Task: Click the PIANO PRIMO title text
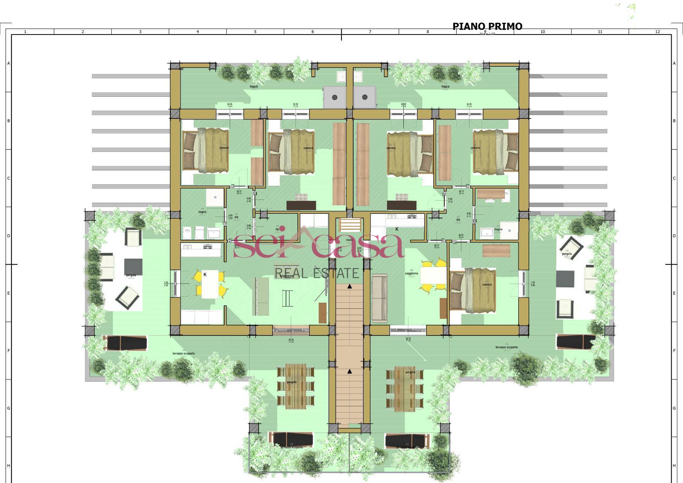click(x=487, y=26)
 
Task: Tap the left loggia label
click(x=254, y=86)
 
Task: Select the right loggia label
click(x=445, y=86)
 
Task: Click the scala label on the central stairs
click(x=349, y=240)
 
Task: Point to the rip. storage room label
click(x=277, y=229)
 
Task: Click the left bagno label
click(x=202, y=212)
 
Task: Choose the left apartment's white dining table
click(x=210, y=286)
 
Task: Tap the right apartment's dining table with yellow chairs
click(x=433, y=275)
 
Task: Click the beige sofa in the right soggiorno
click(x=380, y=298)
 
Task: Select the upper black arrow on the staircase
click(x=350, y=286)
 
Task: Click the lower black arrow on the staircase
click(x=350, y=371)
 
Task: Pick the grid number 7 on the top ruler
click(x=370, y=32)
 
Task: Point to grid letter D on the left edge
click(x=9, y=236)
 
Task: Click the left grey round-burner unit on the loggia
click(x=334, y=97)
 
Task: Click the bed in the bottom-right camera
click(x=473, y=291)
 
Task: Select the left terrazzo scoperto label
click(x=184, y=354)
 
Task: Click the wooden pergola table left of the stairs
click(x=296, y=386)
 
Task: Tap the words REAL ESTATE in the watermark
click(x=317, y=273)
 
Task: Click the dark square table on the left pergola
click(x=133, y=266)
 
